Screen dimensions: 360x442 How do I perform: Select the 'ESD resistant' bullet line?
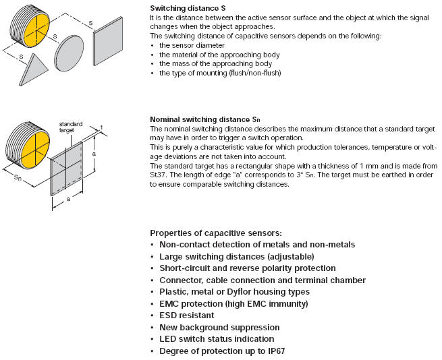pyautogui.click(x=186, y=316)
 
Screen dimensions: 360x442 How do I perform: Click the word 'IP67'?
pyautogui.click(x=266, y=351)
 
